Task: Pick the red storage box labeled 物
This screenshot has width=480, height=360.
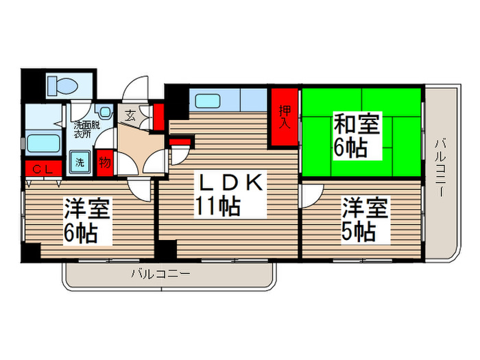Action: [104, 163]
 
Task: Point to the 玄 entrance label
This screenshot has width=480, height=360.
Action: [129, 113]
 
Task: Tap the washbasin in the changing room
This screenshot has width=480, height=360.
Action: [104, 111]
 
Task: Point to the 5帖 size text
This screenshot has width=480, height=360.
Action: [358, 230]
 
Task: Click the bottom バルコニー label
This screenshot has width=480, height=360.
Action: [160, 274]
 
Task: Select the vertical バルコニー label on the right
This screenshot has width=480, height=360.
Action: [441, 168]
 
